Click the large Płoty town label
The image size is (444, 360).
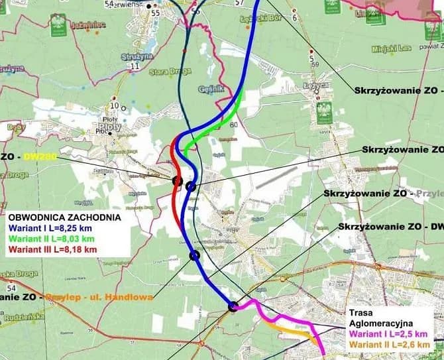(107, 123)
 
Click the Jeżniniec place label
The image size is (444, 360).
(90, 25)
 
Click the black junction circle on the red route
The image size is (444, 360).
(176, 180)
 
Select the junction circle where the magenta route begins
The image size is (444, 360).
(233, 306)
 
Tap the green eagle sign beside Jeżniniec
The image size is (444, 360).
(58, 25)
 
